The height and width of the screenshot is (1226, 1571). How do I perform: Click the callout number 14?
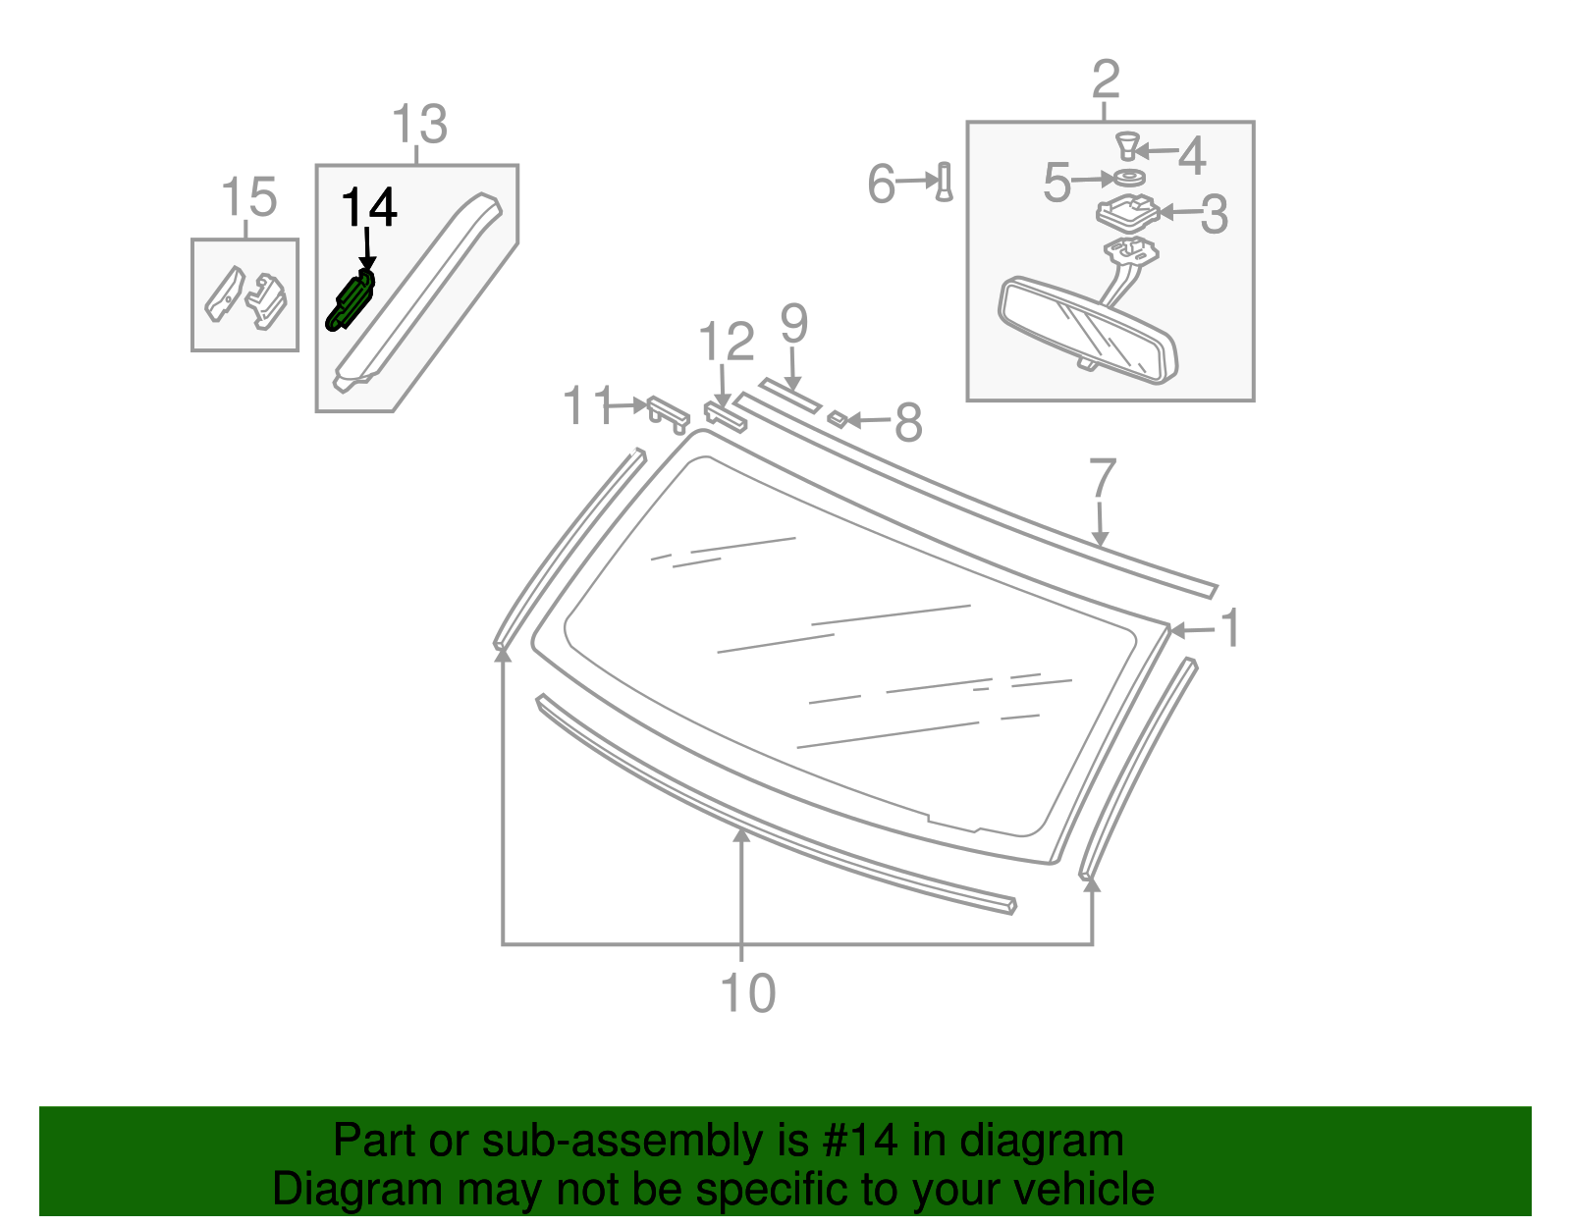tap(369, 206)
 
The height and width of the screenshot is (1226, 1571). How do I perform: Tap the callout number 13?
tap(419, 125)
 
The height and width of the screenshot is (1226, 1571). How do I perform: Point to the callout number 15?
tap(248, 197)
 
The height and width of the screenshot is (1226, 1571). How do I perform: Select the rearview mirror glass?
tap(1088, 331)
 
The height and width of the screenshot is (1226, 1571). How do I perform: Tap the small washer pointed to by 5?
tap(1129, 178)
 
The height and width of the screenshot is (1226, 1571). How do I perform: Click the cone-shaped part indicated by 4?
tap(1128, 145)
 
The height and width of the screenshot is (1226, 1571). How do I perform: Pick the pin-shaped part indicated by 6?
tap(945, 182)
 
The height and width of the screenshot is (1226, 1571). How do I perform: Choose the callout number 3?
tap(1214, 215)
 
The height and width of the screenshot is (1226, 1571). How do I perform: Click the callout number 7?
tap(1102, 477)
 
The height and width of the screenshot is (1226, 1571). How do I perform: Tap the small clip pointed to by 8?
tap(838, 419)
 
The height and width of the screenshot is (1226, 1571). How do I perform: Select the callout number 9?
tap(793, 324)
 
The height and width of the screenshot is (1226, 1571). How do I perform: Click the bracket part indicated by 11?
tap(669, 414)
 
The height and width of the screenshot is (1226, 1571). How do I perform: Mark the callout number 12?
tap(727, 342)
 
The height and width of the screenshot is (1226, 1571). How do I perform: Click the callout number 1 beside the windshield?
tap(1230, 628)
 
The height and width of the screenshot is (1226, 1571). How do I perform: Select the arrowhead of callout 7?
tap(1100, 539)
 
